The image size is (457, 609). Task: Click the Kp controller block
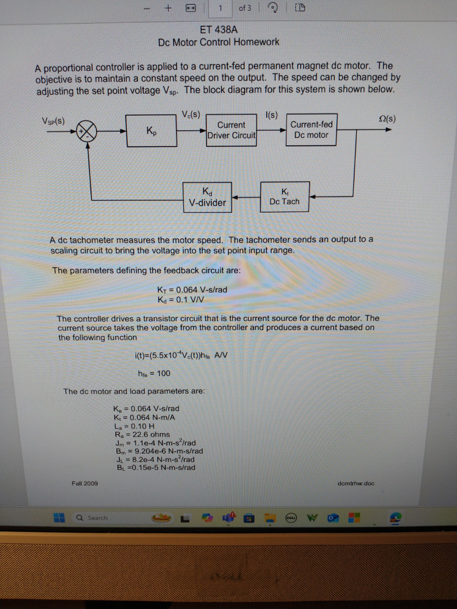(x=151, y=131)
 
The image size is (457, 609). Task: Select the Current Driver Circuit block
(x=231, y=130)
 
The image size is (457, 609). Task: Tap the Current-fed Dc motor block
(x=311, y=130)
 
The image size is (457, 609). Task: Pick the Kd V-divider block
(x=208, y=197)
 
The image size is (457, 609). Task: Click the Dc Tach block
(x=285, y=197)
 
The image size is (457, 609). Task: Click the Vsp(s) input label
(x=53, y=121)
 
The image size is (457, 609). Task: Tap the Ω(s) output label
(x=387, y=119)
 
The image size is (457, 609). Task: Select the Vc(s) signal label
(x=191, y=114)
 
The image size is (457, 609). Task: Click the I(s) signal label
(x=271, y=115)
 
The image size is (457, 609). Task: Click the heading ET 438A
(x=219, y=30)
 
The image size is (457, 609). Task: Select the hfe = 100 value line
(x=154, y=373)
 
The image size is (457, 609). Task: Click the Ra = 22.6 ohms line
(x=142, y=434)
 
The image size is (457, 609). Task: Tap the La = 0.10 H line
(x=135, y=426)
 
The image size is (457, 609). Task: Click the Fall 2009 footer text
(x=85, y=483)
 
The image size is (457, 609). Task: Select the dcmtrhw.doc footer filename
(x=356, y=483)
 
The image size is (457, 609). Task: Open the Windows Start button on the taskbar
(x=59, y=518)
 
